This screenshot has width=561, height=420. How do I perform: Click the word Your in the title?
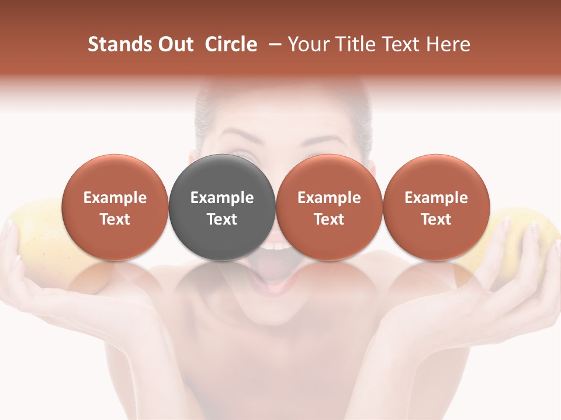[307, 44]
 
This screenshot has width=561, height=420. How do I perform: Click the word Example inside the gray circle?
[222, 198]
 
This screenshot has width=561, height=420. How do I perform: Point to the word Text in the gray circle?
[222, 219]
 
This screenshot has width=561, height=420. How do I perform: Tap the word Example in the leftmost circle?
[115, 198]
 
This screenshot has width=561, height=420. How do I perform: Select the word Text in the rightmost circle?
[436, 219]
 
